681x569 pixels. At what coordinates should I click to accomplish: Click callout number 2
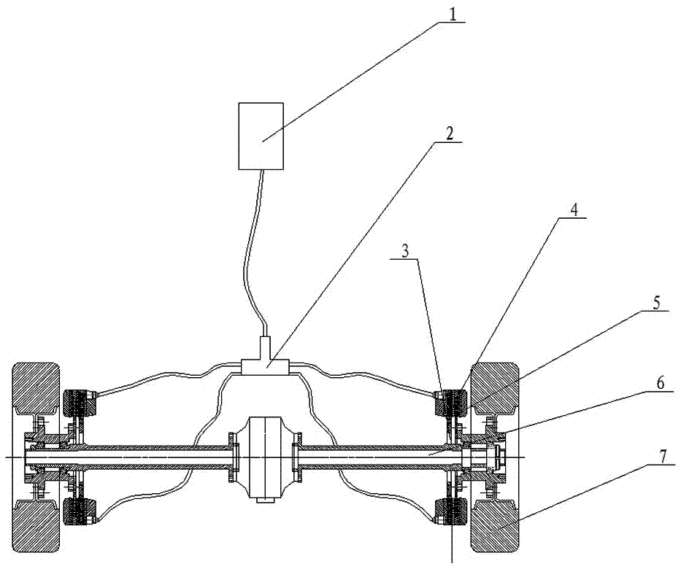(449, 134)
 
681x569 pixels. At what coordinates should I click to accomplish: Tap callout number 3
(405, 252)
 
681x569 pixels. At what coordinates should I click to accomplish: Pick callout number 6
(660, 383)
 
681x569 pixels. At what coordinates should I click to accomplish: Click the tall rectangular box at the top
(261, 136)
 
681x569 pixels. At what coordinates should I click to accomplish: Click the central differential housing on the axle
(265, 459)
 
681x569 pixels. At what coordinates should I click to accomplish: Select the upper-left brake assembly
(79, 403)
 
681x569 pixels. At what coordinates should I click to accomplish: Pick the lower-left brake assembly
(79, 513)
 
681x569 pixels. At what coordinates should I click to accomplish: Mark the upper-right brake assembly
(451, 403)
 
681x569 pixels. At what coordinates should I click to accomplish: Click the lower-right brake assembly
(451, 513)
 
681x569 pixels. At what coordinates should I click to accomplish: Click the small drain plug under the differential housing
(265, 500)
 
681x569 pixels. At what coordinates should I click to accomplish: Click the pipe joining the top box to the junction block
(253, 252)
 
